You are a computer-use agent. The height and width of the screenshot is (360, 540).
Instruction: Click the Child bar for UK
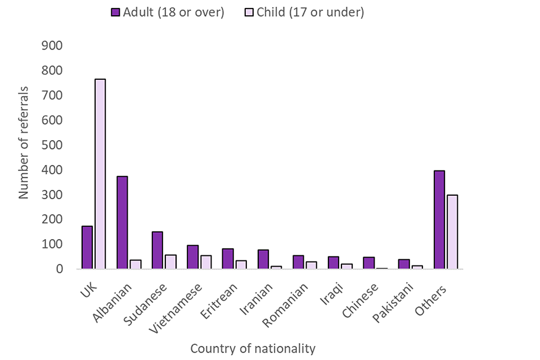point(100,174)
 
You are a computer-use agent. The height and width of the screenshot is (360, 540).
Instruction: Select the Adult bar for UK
point(87,247)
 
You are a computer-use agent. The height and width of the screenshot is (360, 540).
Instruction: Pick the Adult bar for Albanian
point(122,223)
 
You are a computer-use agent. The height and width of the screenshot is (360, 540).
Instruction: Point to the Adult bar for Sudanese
point(157,250)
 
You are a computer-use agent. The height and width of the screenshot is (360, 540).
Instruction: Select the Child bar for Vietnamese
point(206,262)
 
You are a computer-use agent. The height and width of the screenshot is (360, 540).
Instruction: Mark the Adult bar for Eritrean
point(228,259)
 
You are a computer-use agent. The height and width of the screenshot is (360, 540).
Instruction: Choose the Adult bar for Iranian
point(263,259)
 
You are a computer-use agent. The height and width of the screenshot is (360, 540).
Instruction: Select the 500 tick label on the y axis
point(52,145)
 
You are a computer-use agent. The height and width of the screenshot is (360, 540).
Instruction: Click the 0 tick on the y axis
point(58,269)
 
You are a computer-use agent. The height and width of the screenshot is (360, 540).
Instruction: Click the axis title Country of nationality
point(253,348)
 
